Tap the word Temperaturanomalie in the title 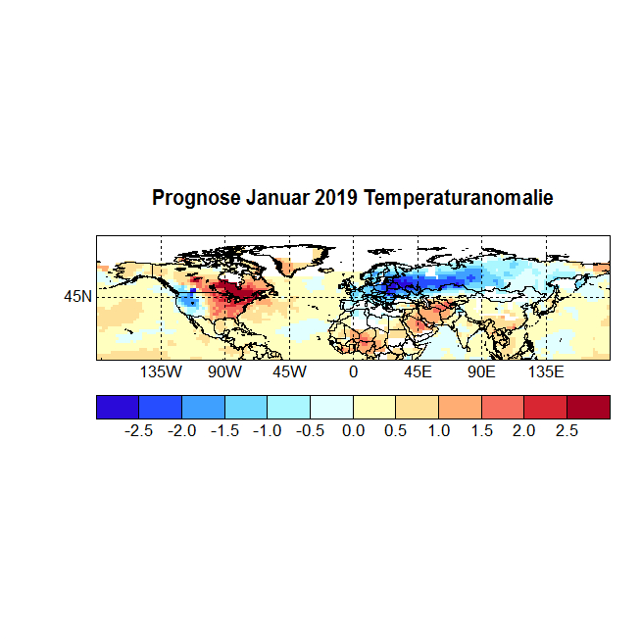coord(459,198)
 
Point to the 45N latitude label coord(78,296)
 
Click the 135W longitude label coord(161,372)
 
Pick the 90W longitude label coord(224,372)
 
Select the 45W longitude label coord(289,372)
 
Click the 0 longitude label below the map coord(353,372)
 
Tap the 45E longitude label coord(418,372)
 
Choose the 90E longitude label coord(481,372)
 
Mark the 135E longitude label coord(546,372)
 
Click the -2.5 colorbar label coord(141,430)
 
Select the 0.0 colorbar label coord(354,430)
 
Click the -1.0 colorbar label coord(269,430)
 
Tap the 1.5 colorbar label coord(481,430)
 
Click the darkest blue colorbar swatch coord(118,407)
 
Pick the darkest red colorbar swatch coord(588,407)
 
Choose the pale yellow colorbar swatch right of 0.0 coord(374,407)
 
